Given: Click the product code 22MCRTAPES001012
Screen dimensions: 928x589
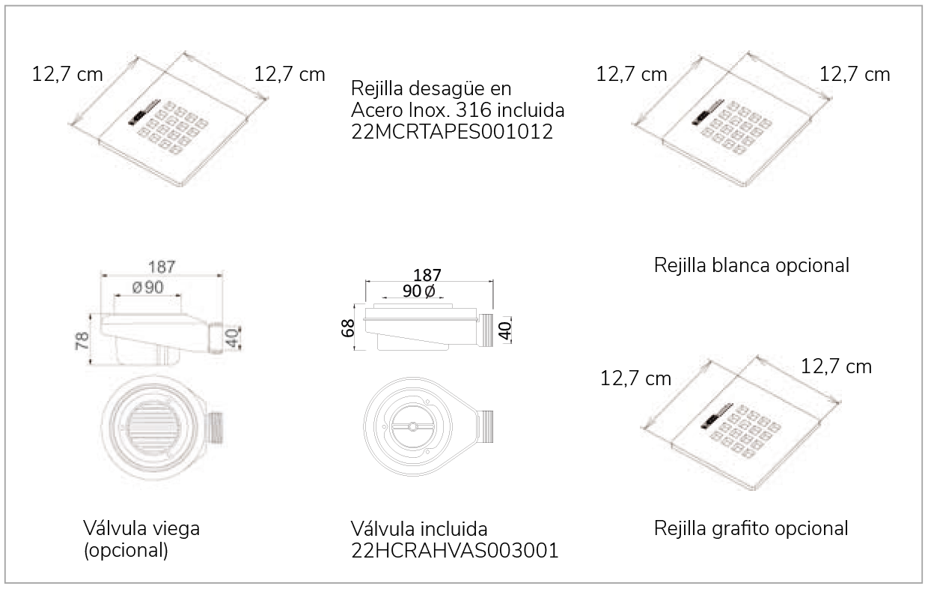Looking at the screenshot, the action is (452, 132).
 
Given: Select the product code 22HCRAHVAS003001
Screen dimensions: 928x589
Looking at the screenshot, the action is (455, 551).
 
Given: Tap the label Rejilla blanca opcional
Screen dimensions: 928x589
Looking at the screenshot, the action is (751, 265).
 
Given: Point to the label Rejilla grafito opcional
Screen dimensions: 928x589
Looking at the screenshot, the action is (751, 529).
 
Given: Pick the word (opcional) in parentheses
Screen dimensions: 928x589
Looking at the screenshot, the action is (126, 551).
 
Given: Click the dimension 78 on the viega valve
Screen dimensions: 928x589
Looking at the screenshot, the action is (82, 340).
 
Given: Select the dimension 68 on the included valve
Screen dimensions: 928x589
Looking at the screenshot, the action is (347, 328).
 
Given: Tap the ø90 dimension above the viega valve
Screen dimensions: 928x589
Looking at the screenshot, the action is (148, 287).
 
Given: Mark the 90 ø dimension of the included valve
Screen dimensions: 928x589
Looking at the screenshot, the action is (419, 292).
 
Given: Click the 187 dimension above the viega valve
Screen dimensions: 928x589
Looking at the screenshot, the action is (162, 267).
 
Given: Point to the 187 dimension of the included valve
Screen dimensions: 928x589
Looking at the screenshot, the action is (427, 275).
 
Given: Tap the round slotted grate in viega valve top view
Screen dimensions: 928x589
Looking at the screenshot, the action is (154, 426).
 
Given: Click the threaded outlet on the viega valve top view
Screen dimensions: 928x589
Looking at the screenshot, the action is (215, 428).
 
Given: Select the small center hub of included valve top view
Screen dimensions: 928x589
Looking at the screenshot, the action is (412, 426).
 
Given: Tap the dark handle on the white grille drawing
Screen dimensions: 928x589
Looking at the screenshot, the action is (708, 112).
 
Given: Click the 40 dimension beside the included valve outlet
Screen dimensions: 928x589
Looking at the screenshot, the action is (505, 330).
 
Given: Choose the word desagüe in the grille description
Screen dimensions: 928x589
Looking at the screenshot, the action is (442, 88).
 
